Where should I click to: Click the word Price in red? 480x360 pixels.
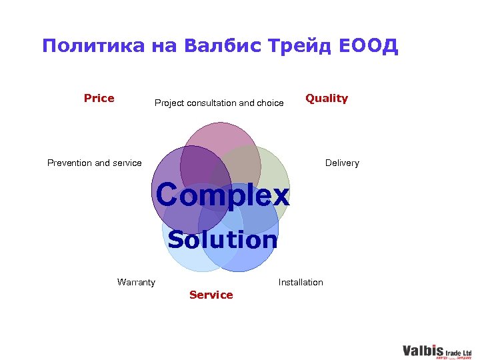(99, 99)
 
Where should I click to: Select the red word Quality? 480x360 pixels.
(326, 99)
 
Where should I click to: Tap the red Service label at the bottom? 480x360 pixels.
(211, 295)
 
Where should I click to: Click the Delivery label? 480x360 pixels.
(342, 163)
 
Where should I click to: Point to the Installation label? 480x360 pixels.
(300, 283)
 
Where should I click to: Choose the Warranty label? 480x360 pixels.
(136, 283)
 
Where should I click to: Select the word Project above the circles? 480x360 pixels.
(169, 103)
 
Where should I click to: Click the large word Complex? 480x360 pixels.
(223, 195)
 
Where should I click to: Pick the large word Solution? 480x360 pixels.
(222, 239)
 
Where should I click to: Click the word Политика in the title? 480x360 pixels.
(93, 46)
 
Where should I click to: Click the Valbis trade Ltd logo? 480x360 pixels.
(437, 351)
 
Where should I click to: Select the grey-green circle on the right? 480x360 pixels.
(273, 173)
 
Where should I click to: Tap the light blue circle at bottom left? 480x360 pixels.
(180, 253)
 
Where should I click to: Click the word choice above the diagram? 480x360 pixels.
(270, 103)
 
